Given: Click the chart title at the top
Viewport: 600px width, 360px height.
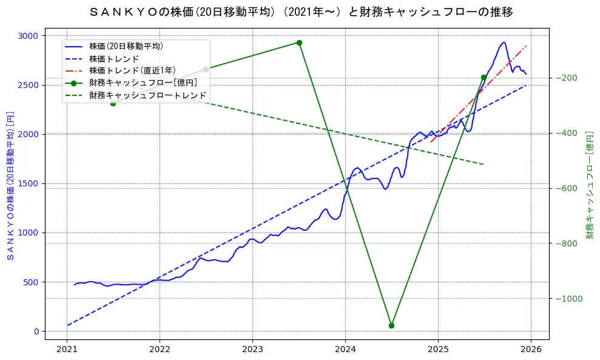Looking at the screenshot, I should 300,12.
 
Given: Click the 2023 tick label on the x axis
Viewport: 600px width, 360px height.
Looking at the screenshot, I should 252,350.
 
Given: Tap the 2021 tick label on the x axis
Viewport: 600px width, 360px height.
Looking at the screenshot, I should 67,350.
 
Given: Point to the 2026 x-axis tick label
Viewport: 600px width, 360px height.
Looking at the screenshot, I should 531,350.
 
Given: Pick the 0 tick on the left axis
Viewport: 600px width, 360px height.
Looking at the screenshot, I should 36,331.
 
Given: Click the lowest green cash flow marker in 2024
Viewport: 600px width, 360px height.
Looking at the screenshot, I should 391,325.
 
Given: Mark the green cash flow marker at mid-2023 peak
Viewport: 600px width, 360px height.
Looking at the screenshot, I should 299,42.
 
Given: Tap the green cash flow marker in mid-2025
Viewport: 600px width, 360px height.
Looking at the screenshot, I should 484,77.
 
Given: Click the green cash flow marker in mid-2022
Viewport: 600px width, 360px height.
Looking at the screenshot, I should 206,69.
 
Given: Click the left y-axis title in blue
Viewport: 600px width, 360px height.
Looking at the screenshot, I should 10,186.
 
